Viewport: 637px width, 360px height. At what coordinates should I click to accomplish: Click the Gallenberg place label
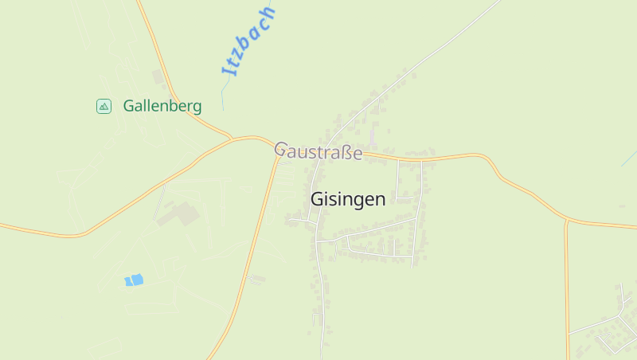(162, 106)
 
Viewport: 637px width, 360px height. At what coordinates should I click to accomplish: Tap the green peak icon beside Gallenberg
(104, 106)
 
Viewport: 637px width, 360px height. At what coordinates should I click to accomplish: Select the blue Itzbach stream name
(248, 41)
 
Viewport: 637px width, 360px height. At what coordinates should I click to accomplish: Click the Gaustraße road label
(318, 151)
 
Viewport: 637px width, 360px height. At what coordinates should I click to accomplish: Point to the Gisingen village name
(348, 199)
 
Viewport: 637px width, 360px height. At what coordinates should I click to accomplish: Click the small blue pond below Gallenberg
(134, 280)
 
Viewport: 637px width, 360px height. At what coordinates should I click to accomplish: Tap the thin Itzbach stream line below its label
(224, 96)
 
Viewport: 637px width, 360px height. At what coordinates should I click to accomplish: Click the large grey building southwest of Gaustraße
(178, 214)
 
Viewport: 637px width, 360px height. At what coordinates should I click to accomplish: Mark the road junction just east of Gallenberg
(232, 139)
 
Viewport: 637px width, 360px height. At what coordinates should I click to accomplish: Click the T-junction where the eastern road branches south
(566, 219)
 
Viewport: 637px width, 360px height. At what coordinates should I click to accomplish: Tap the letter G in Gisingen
(317, 199)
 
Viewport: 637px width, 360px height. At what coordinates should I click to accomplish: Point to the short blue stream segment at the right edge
(627, 158)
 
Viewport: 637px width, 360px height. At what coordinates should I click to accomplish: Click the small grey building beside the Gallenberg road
(158, 76)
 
